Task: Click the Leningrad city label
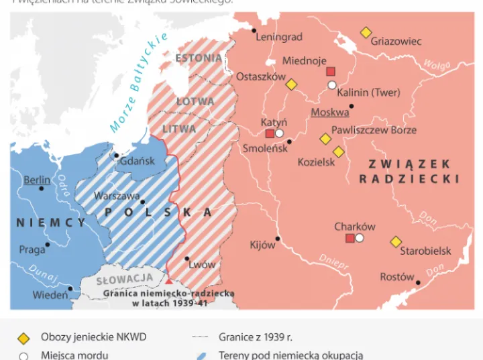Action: pos(279,37)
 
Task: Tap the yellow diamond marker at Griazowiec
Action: pos(366,32)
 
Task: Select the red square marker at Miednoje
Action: pos(331,72)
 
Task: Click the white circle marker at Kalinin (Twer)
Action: pos(331,85)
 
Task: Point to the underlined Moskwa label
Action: pos(330,112)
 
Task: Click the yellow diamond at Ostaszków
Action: pos(291,84)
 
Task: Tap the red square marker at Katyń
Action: pos(270,133)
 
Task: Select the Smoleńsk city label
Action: pos(265,148)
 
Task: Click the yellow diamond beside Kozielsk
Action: pos(339,152)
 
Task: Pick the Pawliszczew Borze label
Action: pos(374,130)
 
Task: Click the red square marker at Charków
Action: pos(350,238)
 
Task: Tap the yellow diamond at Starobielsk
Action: pos(396,241)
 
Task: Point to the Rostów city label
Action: pos(397,277)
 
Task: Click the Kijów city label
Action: pos(262,245)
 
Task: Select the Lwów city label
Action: pos(202,264)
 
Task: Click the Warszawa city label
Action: pos(117,196)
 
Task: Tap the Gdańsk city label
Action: pos(138,161)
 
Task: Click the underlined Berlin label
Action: pos(37,180)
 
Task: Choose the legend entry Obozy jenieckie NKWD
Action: pos(93,337)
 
